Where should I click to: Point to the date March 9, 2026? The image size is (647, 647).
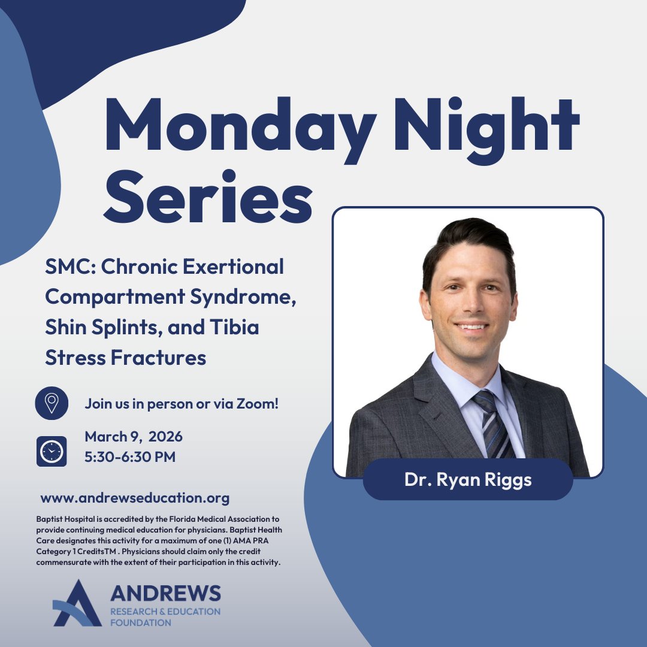[134, 436]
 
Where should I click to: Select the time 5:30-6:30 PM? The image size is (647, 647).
[130, 457]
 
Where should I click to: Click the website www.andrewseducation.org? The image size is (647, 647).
[135, 498]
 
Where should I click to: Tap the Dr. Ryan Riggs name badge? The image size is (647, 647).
[468, 479]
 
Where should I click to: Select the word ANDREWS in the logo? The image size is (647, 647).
[165, 594]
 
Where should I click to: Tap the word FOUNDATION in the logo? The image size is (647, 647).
[141, 622]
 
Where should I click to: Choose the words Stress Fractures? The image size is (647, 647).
[126, 358]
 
